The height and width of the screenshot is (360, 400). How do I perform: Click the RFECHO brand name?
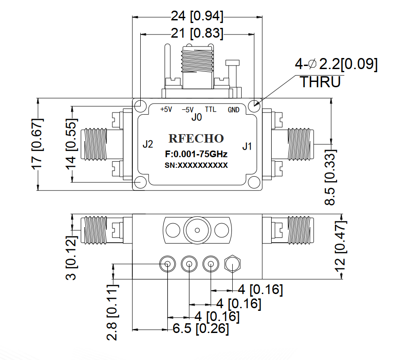196,139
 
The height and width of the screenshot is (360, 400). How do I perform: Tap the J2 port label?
148,144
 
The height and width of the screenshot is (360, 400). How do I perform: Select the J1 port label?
247,146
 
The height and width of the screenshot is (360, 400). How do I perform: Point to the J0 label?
196,117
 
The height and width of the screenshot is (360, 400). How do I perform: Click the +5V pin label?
166,109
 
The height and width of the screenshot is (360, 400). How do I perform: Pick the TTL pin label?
211,109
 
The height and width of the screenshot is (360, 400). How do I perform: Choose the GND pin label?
234,110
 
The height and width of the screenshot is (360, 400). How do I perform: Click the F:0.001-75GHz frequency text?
196,154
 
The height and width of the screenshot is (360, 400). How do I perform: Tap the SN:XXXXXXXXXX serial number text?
196,166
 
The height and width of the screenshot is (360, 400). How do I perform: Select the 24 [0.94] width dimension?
197,16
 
